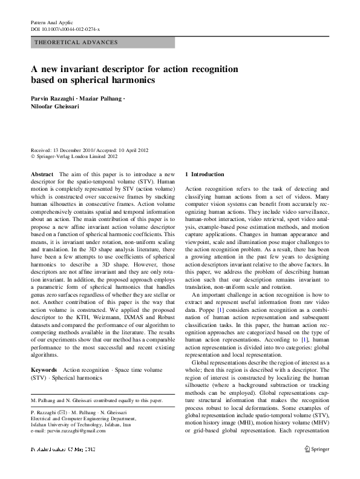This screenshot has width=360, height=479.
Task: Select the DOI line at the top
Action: coord(65,28)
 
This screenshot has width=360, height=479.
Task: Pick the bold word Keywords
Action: coord(44,369)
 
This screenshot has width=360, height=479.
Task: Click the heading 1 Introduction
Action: coord(203,174)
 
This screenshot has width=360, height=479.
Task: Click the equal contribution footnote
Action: coord(96,400)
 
